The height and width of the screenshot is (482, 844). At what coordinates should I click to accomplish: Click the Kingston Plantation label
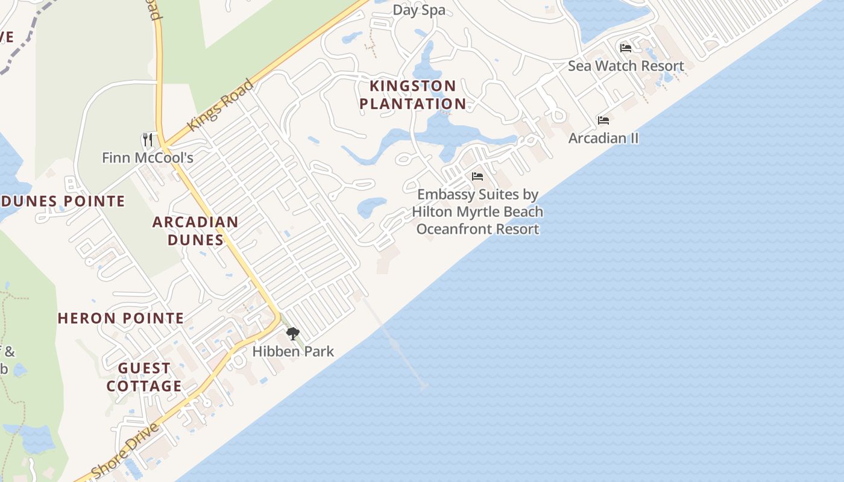[x=413, y=95]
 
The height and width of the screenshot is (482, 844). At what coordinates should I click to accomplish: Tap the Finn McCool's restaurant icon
[x=148, y=140]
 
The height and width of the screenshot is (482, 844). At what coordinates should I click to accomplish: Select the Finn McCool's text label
[x=148, y=158]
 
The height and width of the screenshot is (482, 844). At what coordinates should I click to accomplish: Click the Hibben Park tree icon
[x=293, y=334]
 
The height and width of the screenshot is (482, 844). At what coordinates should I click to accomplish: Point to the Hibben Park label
[x=293, y=351]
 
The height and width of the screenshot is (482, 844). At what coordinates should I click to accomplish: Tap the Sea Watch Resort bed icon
[x=626, y=48]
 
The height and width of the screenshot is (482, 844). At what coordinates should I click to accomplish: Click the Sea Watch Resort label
[x=626, y=66]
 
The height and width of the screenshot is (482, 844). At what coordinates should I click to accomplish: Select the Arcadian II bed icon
[x=603, y=120]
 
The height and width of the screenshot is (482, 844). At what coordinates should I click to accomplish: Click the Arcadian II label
[x=603, y=138]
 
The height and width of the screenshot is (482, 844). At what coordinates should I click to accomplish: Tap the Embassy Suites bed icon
[x=477, y=177]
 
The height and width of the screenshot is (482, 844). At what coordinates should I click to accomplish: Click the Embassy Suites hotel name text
[x=477, y=212]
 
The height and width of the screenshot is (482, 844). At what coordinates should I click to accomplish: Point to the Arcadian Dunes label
[x=195, y=231]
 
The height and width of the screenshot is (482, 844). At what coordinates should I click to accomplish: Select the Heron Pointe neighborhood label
[x=121, y=318]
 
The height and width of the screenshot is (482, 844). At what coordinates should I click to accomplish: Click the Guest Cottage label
[x=144, y=377]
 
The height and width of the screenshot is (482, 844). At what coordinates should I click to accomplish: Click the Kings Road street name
[x=220, y=105]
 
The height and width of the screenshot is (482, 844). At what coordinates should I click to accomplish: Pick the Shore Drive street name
[x=125, y=451]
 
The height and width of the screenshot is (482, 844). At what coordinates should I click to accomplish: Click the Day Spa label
[x=419, y=10]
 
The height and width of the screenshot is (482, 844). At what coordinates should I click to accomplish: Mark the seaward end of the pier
[x=424, y=386]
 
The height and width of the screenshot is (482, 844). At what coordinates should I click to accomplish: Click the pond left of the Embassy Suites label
[x=371, y=208]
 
